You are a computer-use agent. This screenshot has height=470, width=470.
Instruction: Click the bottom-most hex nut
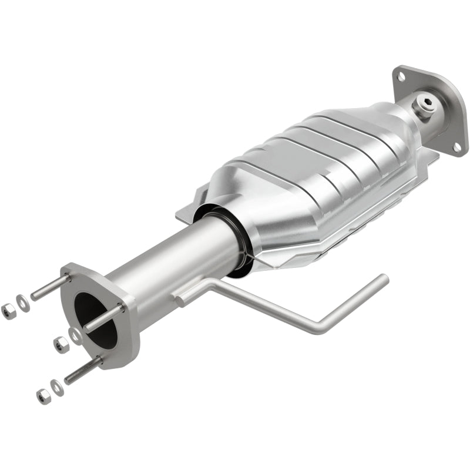click(43, 397)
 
